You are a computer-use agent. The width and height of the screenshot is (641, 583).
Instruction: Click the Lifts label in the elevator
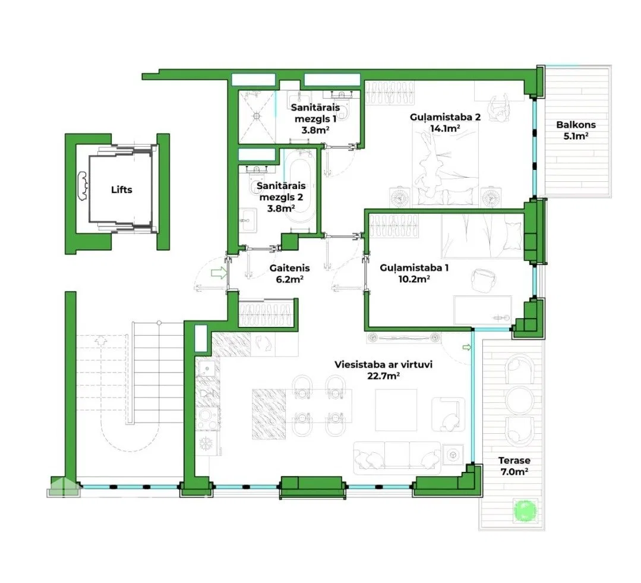121,190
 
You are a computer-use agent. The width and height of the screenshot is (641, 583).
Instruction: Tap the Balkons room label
576,125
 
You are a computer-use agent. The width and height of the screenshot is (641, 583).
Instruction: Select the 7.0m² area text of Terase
514,472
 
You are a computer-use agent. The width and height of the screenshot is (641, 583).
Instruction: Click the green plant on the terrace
525,510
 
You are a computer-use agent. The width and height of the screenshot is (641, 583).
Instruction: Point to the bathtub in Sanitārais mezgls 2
298,186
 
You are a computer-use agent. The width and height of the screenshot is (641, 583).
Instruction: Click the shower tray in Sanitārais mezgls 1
257,116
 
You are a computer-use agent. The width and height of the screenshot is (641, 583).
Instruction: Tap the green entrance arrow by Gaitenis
219,273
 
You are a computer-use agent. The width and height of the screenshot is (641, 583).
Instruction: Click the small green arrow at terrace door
466,348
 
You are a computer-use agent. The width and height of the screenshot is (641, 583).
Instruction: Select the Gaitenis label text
289,268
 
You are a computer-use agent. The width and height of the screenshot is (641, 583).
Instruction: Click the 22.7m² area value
383,376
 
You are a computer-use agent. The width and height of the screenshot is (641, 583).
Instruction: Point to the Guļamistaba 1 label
413,268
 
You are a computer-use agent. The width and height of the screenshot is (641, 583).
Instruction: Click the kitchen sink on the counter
207,369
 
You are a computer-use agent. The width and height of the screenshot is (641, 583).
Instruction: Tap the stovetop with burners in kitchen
208,419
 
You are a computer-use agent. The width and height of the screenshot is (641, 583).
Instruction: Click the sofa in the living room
397,458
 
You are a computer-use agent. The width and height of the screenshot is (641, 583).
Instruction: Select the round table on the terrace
519,400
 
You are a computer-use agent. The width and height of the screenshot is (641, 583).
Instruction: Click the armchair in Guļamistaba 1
483,281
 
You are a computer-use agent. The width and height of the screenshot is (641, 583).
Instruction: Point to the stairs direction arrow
100,340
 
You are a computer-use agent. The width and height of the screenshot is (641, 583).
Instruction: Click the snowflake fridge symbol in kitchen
204,443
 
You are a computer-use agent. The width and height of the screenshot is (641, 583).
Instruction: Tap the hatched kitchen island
269,414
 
